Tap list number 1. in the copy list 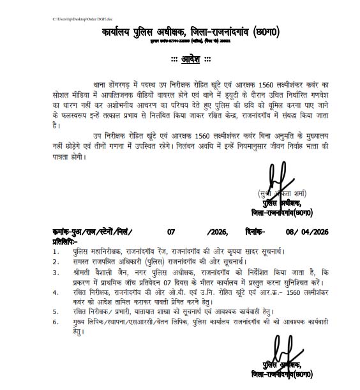56,253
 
